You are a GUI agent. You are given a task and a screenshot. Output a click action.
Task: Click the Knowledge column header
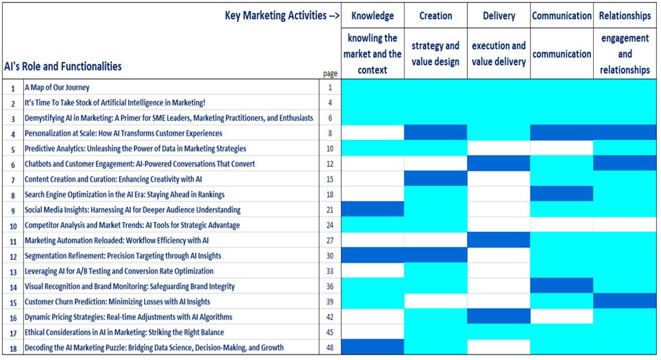coord(372,16)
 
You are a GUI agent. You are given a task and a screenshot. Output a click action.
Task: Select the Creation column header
coord(435,16)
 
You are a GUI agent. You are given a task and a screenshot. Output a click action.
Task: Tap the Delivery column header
coord(498,16)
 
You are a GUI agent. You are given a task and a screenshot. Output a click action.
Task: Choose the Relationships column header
coord(625,16)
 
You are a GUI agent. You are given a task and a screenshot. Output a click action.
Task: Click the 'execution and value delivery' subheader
coord(498,53)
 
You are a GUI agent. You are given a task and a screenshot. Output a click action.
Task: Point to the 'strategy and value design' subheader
coord(435,53)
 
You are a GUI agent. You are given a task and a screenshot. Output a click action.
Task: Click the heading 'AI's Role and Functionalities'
coord(63,67)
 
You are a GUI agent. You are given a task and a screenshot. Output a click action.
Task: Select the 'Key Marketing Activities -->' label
coord(282,16)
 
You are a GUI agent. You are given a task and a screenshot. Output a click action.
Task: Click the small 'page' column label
coord(330,73)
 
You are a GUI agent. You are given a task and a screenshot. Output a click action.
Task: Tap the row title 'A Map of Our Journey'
coord(57,87)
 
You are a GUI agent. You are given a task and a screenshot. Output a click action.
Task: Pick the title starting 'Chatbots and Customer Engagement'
coord(139,164)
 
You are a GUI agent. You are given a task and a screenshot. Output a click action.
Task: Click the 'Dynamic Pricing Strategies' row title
coord(128,317)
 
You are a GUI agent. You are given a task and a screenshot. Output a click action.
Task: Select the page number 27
coord(330,240)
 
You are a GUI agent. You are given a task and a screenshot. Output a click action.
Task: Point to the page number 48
coord(330,348)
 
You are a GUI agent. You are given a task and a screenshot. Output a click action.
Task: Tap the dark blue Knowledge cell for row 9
coord(372,209)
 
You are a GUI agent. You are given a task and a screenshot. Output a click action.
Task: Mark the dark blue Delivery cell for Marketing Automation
coord(498,240)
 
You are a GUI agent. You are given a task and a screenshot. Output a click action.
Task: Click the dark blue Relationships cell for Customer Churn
coord(625,301)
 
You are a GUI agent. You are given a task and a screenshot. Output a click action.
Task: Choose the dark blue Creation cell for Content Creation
coord(435,178)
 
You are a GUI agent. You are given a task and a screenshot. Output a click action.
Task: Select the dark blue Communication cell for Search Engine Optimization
coord(562,194)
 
